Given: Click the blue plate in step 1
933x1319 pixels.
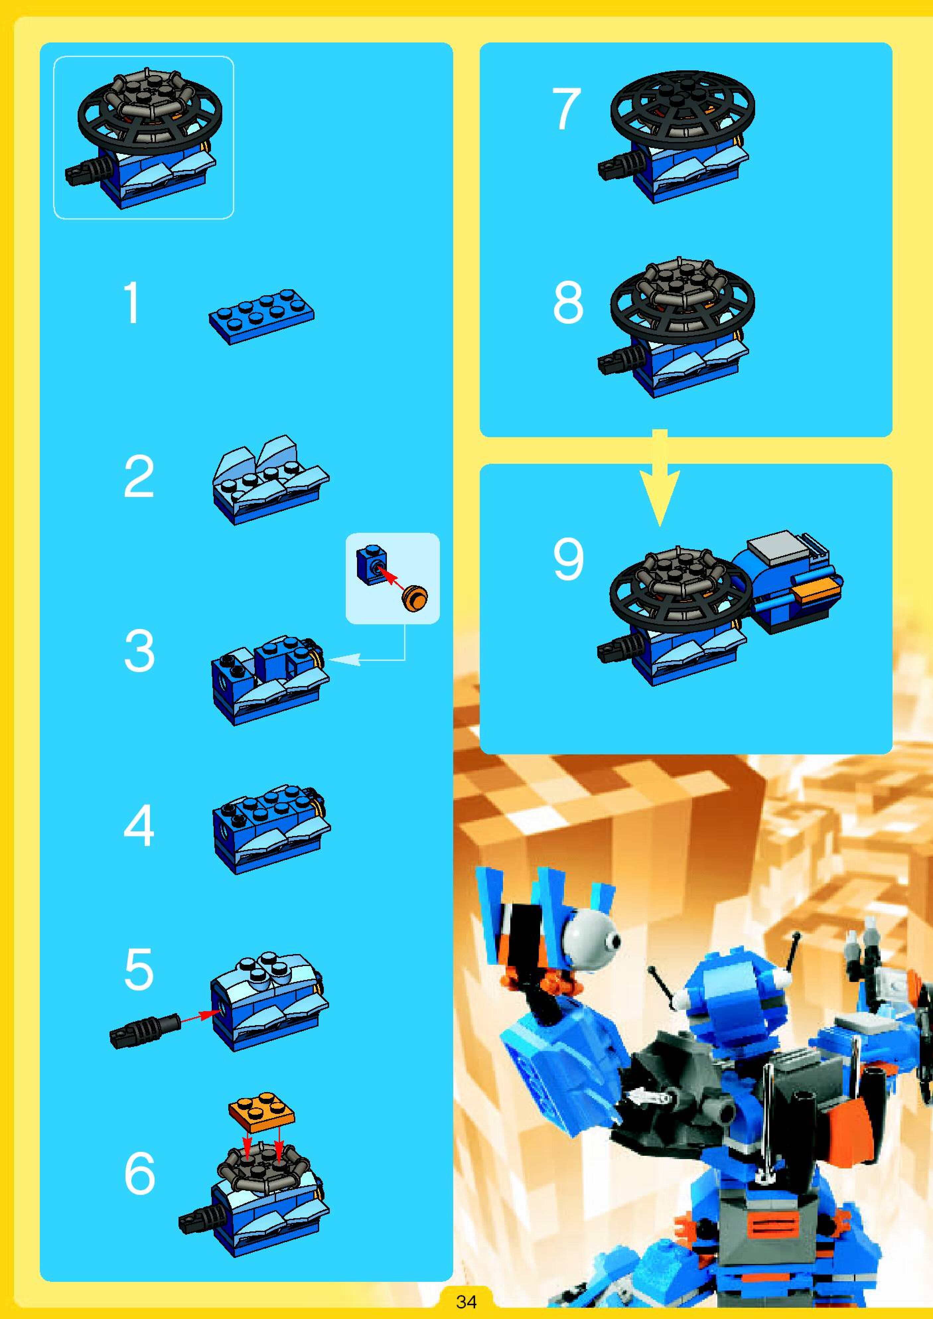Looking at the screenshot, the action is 261,316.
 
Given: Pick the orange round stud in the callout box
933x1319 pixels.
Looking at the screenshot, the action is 415,599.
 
